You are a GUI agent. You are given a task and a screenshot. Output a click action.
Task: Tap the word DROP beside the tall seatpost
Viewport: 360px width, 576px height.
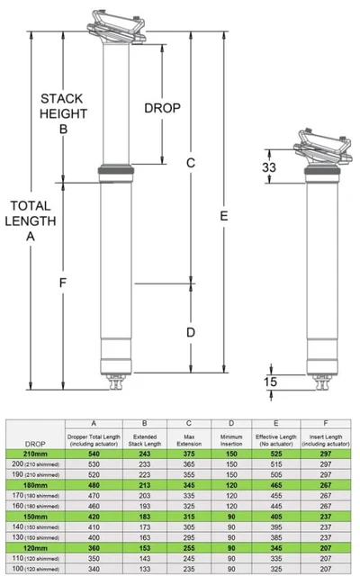[x=162, y=108]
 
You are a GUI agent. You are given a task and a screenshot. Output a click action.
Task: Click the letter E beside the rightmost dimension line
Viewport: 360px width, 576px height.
[x=222, y=216]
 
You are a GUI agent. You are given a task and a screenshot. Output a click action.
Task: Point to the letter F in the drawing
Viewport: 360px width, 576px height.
[x=63, y=283]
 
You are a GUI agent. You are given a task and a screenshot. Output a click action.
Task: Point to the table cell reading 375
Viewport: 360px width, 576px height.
[x=189, y=454]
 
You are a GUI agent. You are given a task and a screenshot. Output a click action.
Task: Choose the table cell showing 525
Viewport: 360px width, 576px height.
[x=277, y=454]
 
